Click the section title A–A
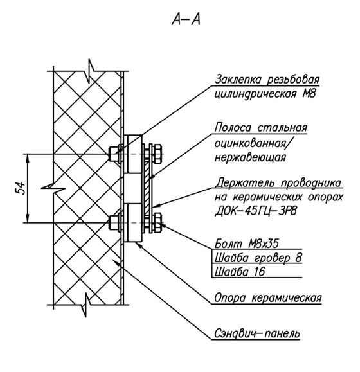tap(186, 19)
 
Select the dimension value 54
tap(21, 188)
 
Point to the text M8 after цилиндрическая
tap(309, 94)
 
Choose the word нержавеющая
tap(250, 158)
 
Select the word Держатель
tap(246, 182)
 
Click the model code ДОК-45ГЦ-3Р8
tap(256, 211)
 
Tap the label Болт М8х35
tap(247, 244)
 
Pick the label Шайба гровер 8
tap(258, 258)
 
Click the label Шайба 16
tap(240, 272)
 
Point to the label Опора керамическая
tap(268, 297)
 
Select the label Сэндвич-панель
tap(257, 333)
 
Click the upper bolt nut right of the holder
tap(157, 154)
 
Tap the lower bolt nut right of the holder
tap(157, 223)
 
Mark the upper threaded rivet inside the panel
tap(114, 154)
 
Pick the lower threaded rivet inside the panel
tap(114, 223)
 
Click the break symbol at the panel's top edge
tap(90, 71)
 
